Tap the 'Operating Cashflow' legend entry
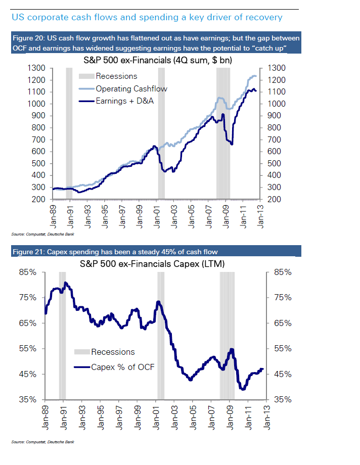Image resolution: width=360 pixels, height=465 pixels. pyautogui.click(x=131, y=89)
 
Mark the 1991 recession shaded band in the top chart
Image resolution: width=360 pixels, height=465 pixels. pyautogui.click(x=69, y=131)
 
